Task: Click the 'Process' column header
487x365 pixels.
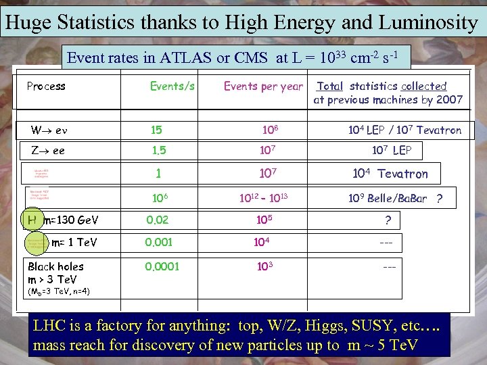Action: (46, 87)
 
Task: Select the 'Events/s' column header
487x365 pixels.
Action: (172, 87)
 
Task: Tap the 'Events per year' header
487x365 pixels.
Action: (263, 87)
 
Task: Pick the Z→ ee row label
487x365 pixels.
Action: (48, 151)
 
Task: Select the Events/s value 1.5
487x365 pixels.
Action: (158, 151)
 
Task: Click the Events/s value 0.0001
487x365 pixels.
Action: (162, 266)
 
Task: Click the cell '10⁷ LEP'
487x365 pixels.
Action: (396, 151)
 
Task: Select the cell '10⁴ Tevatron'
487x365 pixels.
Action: (390, 174)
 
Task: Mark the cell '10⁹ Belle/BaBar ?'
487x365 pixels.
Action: (396, 199)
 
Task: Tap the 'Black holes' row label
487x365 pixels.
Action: (55, 266)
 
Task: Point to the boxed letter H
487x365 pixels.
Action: (32, 219)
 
